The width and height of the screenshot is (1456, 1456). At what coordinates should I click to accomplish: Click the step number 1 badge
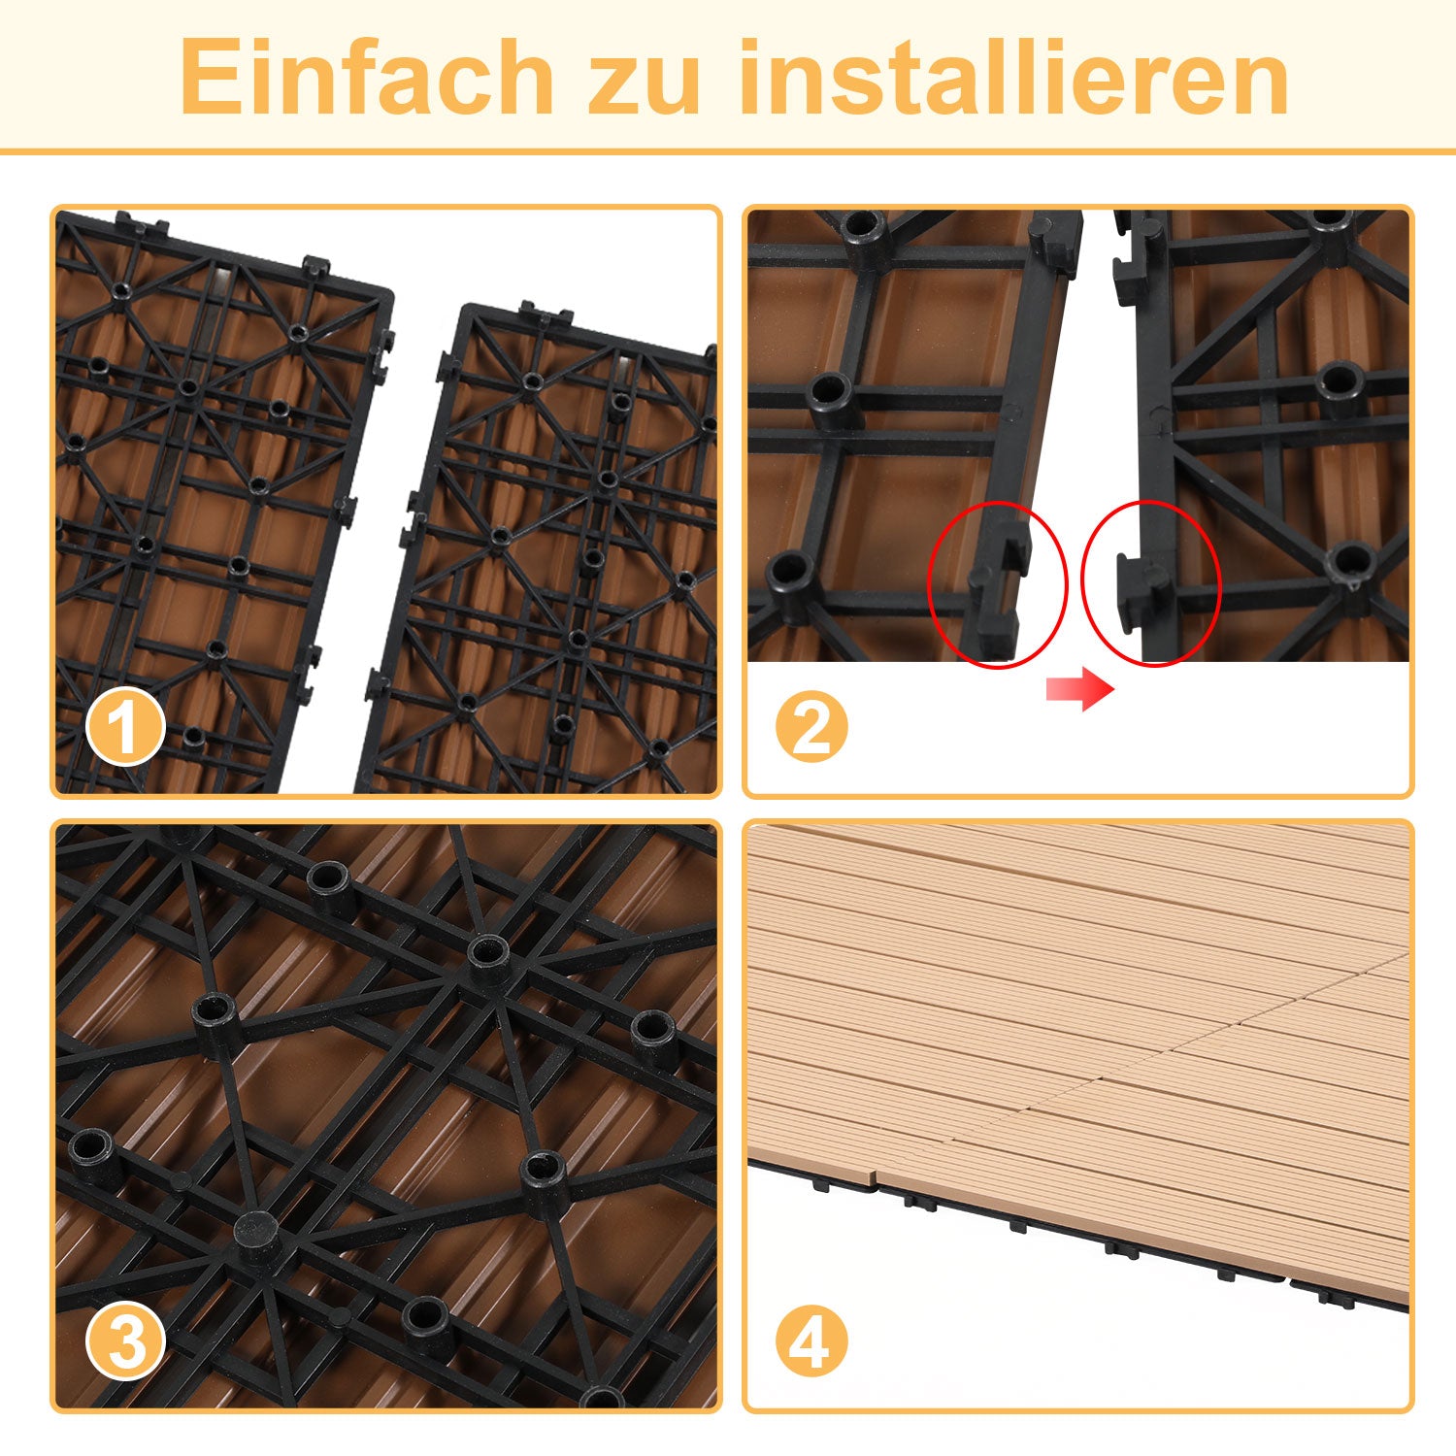pos(125,727)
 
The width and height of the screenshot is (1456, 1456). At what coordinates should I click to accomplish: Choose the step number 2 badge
pos(811,727)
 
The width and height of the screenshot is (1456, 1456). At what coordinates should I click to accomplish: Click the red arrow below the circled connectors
pos(1079,690)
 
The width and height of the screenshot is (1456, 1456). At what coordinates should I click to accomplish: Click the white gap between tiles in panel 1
pos(388,544)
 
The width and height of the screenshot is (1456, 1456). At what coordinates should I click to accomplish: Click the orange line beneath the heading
pos(728,151)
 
